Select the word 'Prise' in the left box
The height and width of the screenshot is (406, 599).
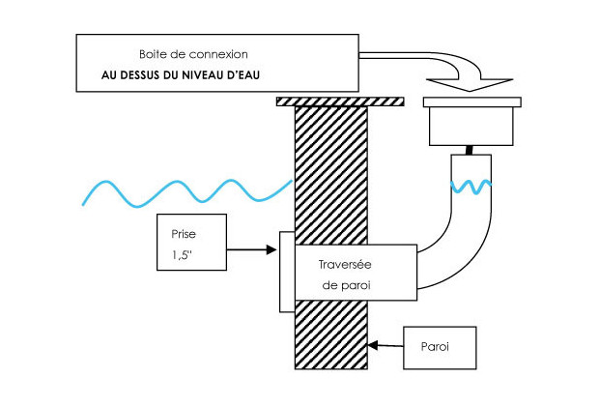[x=183, y=235]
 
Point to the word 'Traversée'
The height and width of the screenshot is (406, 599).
[x=346, y=263]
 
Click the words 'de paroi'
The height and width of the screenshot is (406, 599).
[x=345, y=285]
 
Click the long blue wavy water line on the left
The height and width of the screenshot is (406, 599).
[x=184, y=191]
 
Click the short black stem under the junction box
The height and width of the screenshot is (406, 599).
[x=471, y=150]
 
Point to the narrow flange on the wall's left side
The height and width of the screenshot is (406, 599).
[x=286, y=272]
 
